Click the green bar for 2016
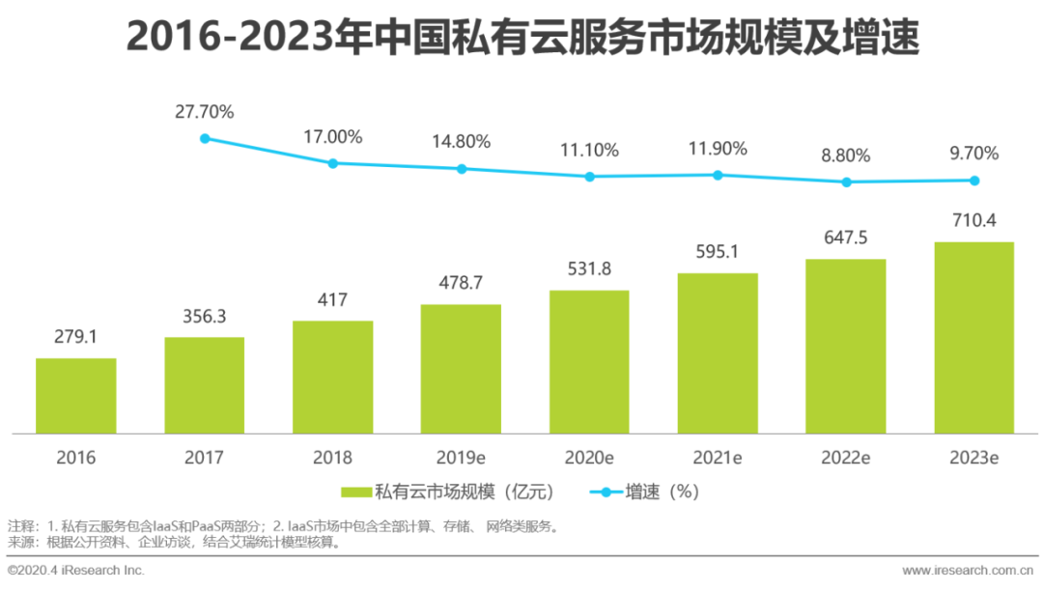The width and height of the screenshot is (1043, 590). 75,396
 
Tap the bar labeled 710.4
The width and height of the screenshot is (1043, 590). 973,337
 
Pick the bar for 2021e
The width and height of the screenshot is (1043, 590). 718,353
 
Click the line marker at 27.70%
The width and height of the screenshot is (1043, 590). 205,138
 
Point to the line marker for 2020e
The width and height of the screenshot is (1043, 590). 589,177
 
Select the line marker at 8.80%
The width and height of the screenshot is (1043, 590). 846,182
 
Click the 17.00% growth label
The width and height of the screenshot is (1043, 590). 332,137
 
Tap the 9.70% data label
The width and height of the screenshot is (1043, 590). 973,154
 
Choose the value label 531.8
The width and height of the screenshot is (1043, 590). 589,269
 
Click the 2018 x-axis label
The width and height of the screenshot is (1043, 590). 332,457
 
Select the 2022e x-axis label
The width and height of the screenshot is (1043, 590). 846,457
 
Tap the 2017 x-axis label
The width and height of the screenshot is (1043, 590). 205,457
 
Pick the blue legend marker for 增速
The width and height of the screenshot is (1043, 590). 606,492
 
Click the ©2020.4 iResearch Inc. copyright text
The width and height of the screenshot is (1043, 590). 76,571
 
